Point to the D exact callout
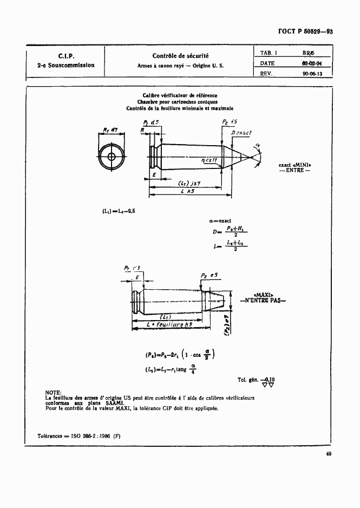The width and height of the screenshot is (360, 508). [x=241, y=133]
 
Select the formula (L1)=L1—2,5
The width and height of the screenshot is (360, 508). [x=116, y=211]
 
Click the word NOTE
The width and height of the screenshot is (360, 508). [x=54, y=392]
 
